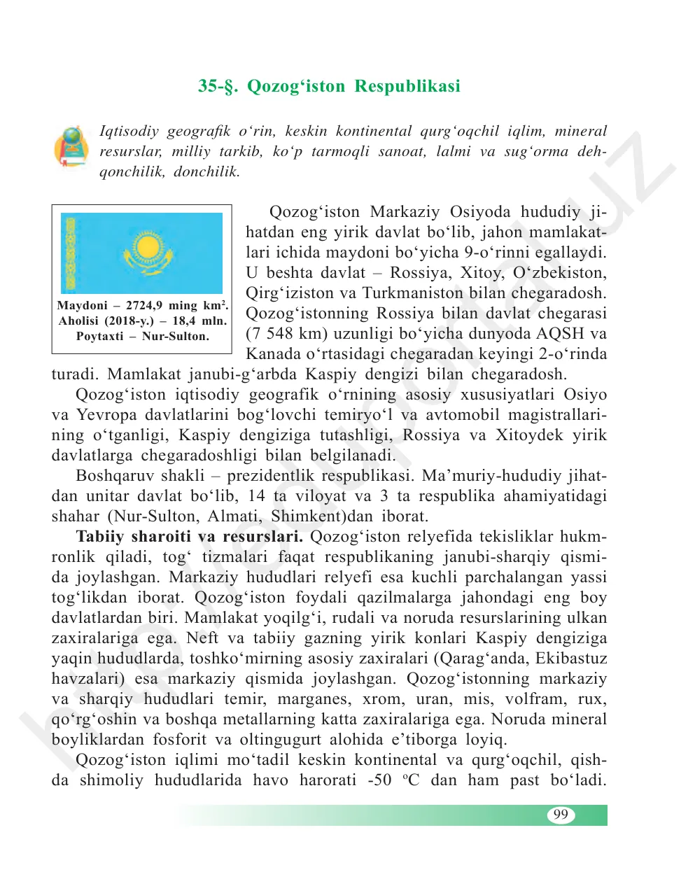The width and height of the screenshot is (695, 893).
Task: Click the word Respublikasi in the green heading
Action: point(407,87)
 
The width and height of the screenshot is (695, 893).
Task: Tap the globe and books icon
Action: point(71,146)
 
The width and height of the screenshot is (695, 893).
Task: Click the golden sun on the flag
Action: point(148,247)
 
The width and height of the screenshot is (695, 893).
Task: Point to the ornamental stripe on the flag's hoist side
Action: point(70,253)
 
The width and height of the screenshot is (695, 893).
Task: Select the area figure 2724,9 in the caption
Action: point(144,306)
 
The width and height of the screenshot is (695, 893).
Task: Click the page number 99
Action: point(560,815)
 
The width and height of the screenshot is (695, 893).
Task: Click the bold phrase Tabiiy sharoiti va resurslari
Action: point(189,537)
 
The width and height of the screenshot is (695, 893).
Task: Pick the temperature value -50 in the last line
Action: point(379,780)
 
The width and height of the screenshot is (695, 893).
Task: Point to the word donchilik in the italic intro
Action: point(206,172)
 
